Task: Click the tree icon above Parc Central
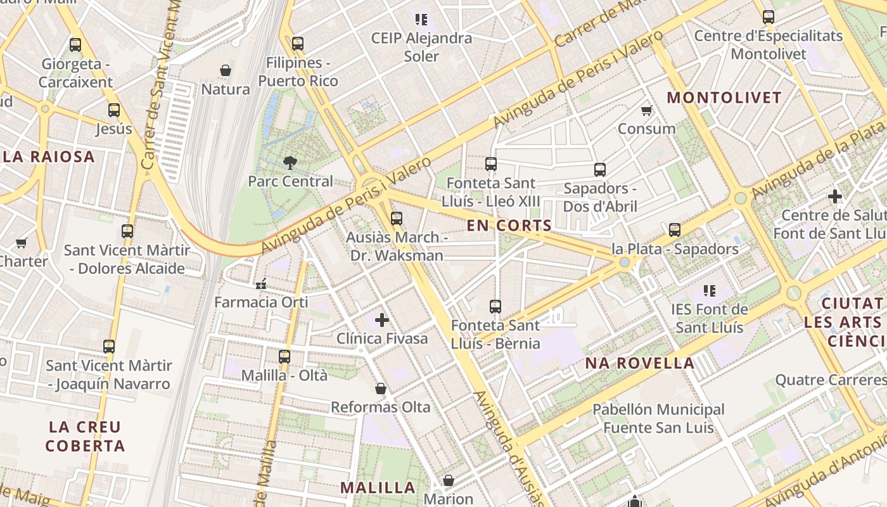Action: tap(290, 162)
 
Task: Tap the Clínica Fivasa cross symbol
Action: tap(382, 320)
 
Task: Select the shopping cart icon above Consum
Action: tap(646, 111)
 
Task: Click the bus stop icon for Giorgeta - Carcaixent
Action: tap(75, 45)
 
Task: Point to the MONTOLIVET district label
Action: tap(724, 98)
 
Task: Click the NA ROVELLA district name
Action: tap(639, 363)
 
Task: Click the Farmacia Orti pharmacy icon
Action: tap(260, 284)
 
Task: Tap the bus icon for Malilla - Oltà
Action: tap(284, 357)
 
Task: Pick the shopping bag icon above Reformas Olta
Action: tap(381, 388)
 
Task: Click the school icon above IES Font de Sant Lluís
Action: tap(710, 291)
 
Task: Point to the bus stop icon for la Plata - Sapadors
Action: tap(675, 230)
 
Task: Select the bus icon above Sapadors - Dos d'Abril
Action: tap(600, 170)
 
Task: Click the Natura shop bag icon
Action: tap(225, 70)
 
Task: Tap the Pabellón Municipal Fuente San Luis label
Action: tap(658, 418)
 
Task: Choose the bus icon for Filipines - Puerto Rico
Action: tap(297, 44)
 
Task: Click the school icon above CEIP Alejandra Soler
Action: tap(421, 20)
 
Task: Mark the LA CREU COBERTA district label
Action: tap(86, 436)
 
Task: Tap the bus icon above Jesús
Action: tap(114, 110)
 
